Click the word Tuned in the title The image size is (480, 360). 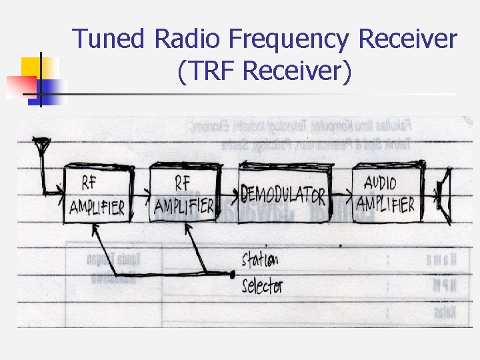click(x=109, y=39)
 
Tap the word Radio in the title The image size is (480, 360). click(x=188, y=39)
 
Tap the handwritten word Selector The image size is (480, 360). click(x=262, y=287)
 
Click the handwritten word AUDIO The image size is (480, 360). click(x=381, y=182)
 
